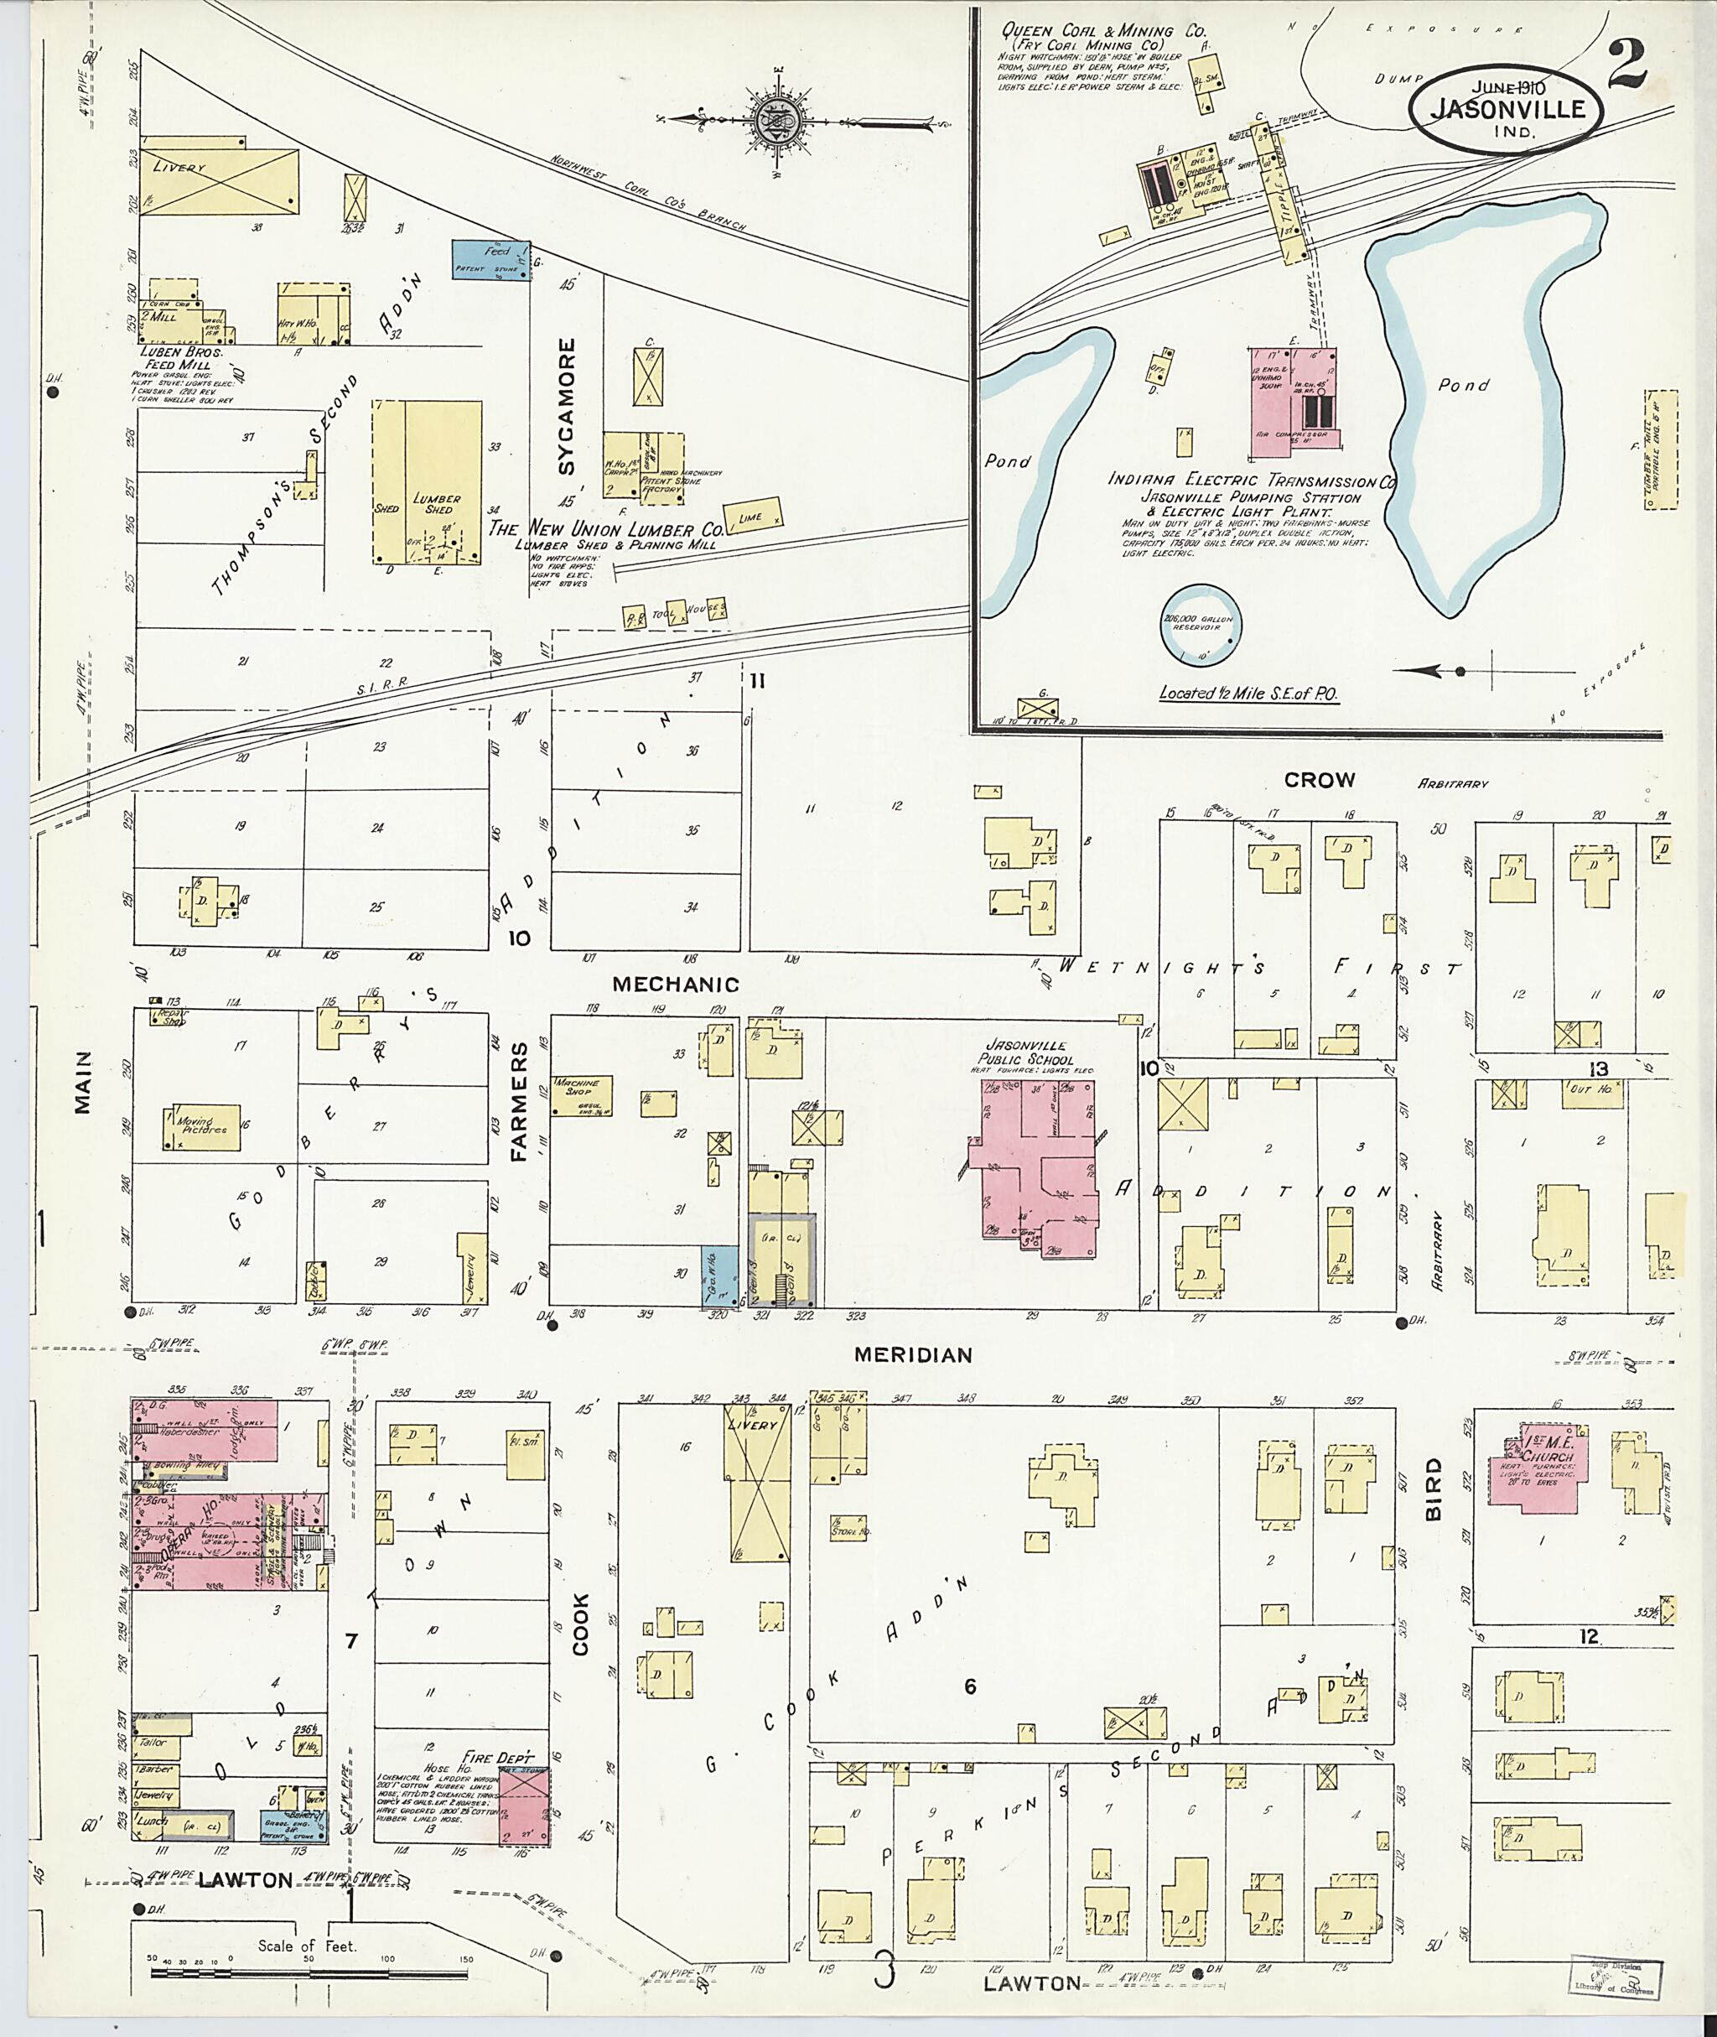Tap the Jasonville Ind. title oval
1506,111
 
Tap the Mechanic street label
676,985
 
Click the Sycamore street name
568,406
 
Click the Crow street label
1319,780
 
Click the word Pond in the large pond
1464,385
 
